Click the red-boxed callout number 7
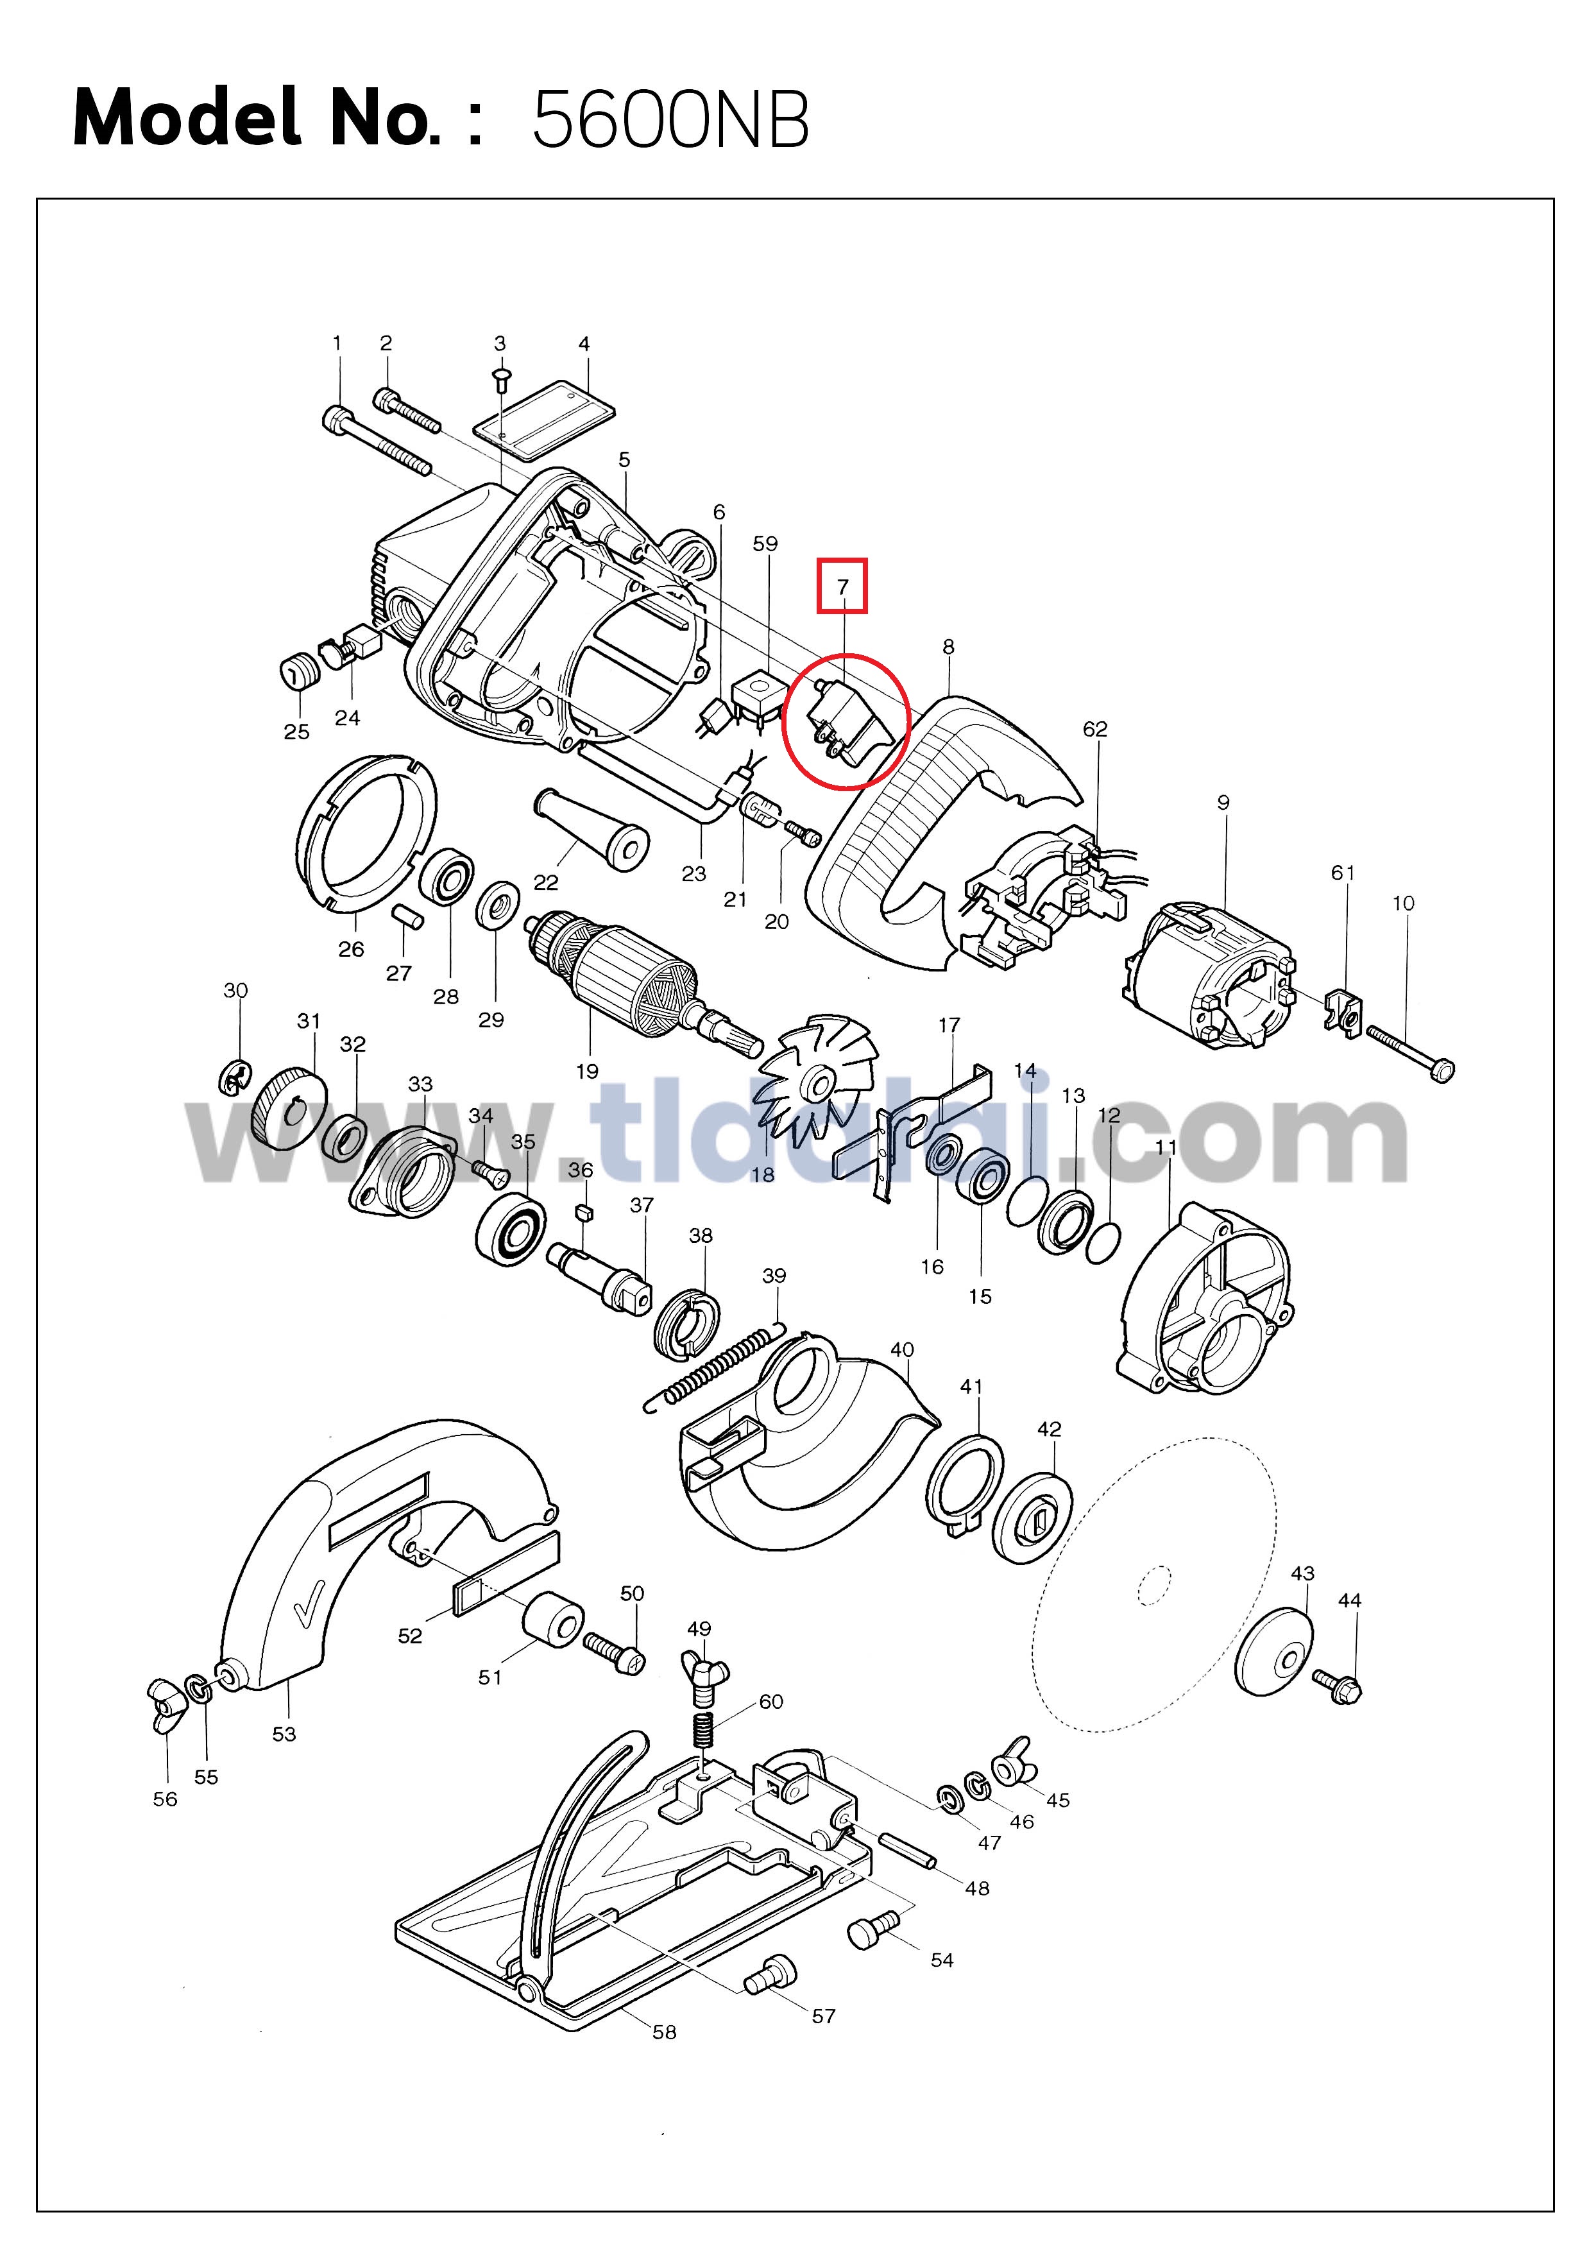click(x=842, y=587)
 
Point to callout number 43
click(x=1302, y=1573)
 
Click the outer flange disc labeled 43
click(x=1274, y=1652)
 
